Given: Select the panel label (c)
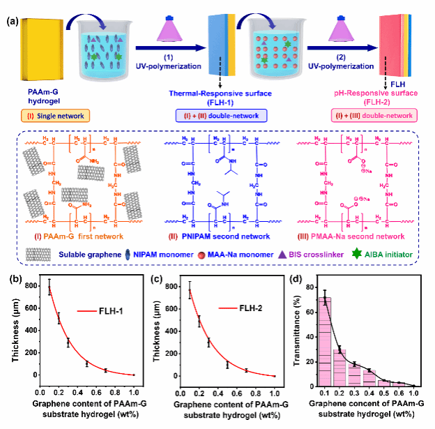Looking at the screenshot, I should click(155, 262).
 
